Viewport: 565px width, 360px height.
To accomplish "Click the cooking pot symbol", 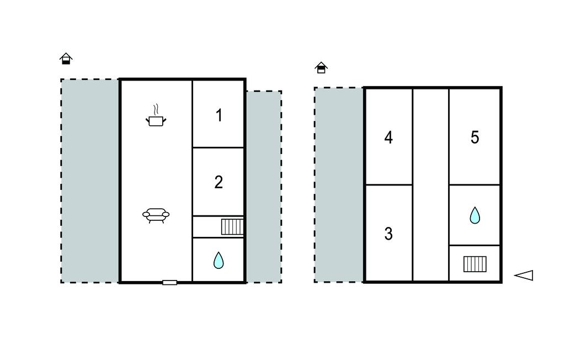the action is pos(156,120).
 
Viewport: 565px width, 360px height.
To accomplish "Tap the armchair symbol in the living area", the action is pos(156,215).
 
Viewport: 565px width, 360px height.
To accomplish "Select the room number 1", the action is pos(218,115).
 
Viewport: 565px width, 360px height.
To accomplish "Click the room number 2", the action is pos(218,182).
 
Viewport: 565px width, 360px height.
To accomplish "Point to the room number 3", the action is pos(388,234).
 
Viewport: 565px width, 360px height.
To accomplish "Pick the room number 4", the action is pos(388,137).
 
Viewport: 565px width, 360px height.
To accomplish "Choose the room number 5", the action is pos(475,137).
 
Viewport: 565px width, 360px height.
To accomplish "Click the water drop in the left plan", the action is pos(218,260).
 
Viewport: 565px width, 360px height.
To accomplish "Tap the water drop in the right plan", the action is pos(475,215).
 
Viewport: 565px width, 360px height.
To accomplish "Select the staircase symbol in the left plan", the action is pos(232,227).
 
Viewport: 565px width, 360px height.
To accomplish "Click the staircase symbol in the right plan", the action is pos(475,264).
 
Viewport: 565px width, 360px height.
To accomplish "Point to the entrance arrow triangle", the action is pos(524,275).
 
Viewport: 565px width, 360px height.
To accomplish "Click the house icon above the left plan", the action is pos(66,59).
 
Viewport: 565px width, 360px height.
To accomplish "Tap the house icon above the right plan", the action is pos(321,67).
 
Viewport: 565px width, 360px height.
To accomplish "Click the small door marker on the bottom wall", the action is pos(169,283).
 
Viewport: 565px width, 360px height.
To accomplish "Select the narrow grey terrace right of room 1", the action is pos(264,187).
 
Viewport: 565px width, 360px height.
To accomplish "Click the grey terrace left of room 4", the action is pos(339,184).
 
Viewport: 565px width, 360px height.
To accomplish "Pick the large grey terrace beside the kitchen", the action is pos(90,181).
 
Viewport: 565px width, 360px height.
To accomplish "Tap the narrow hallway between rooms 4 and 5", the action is pos(430,184).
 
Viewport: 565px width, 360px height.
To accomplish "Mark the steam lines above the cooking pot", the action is pos(156,109).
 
